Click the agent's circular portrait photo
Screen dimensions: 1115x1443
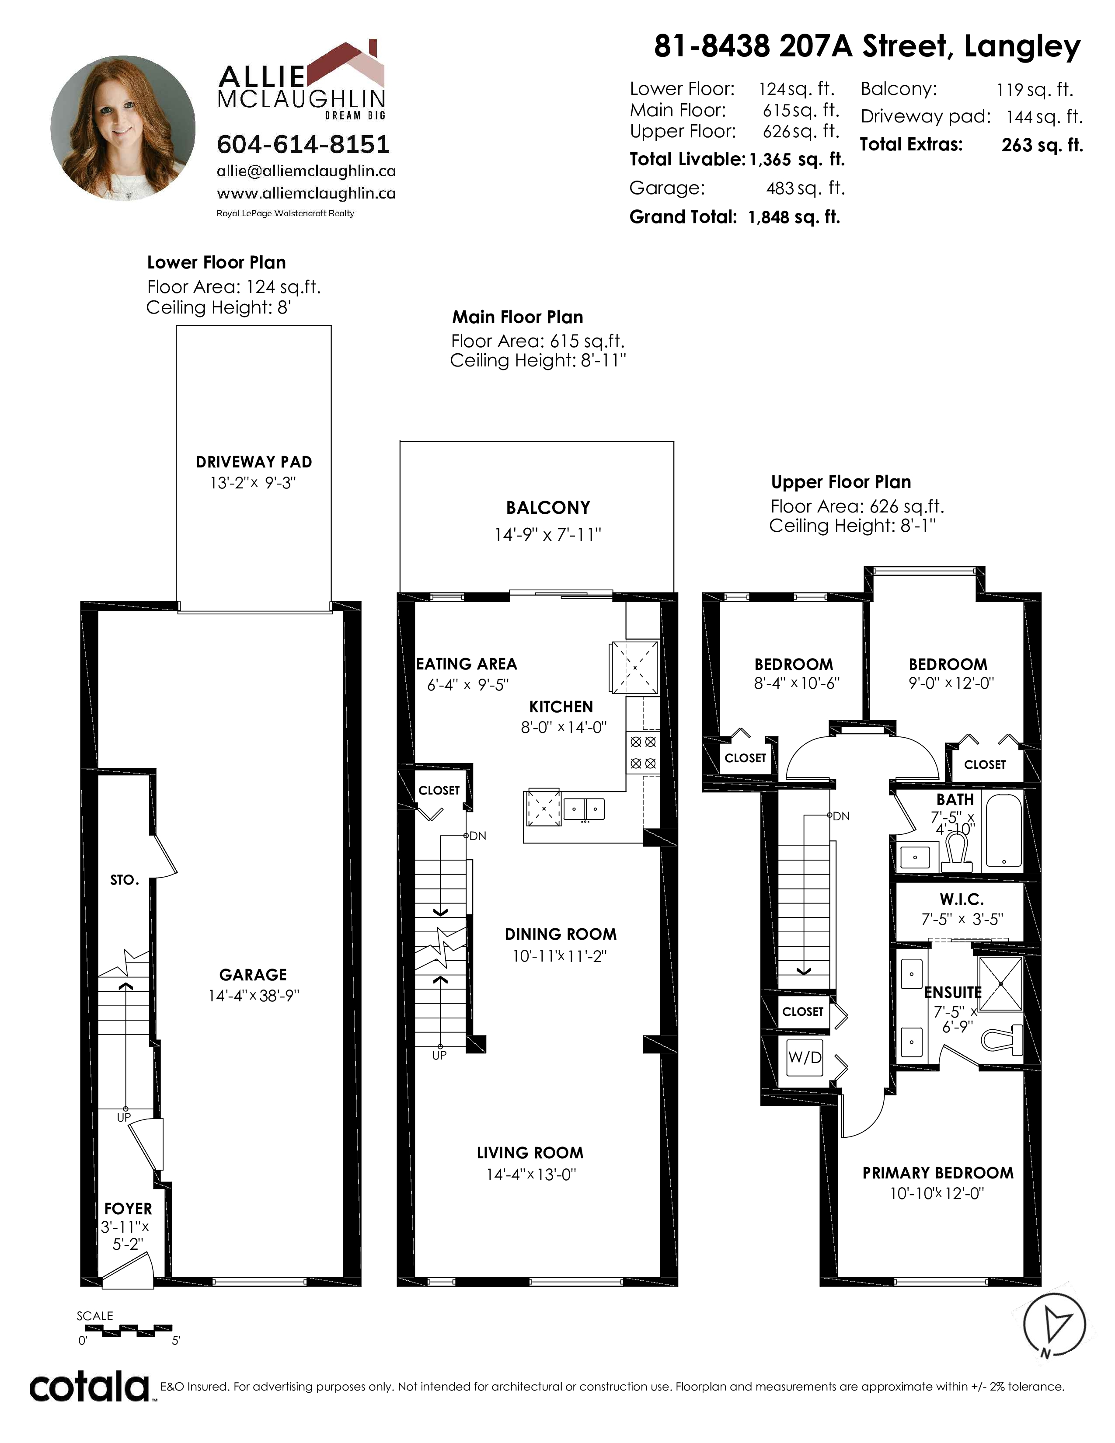(123, 128)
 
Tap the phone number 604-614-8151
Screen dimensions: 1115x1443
(303, 144)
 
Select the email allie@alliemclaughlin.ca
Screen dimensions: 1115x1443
(306, 171)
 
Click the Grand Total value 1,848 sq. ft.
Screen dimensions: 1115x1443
(794, 217)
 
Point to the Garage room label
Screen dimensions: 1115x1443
(253, 975)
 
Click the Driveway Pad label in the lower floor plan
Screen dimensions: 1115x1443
(254, 462)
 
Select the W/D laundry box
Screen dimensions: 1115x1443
(805, 1057)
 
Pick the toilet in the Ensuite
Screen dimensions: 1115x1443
(1002, 1040)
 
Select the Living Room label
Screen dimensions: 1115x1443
(530, 1153)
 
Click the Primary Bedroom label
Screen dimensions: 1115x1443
(938, 1173)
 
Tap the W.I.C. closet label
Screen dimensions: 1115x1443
(962, 899)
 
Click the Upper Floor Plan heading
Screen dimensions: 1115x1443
(841, 482)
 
